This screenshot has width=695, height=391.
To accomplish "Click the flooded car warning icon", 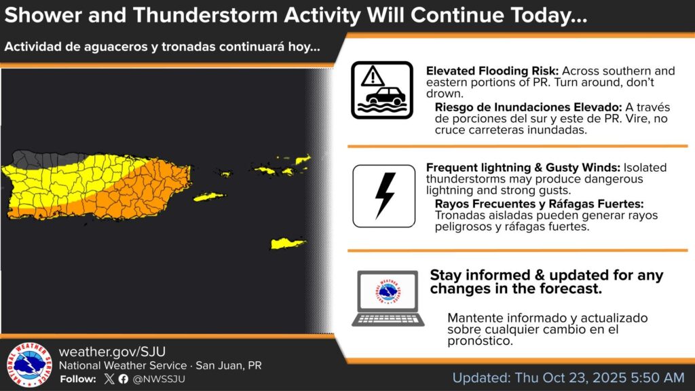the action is pos(382,90).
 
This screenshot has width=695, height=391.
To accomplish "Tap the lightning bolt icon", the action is pos(385,195).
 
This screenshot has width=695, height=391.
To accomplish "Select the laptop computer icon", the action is pos(388,299).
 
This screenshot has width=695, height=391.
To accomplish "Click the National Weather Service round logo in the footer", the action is pos(29,365).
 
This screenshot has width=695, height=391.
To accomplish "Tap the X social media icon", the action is pos(109,379).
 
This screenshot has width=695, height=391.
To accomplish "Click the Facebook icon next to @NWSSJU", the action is pos(124,379).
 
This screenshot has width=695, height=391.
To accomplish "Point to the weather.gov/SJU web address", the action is pos(112,352).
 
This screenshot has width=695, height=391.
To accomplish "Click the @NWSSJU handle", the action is pos(159,379).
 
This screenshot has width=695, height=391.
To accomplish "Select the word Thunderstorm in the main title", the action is pos(206,15).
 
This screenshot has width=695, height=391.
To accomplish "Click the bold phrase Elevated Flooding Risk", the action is pos(492,71).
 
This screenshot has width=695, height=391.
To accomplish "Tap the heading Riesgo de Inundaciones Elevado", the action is pos(528,107).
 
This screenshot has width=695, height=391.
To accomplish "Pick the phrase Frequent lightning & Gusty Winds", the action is pos(523,168).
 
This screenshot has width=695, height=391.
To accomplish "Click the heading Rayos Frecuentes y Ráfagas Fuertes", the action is pos(539,204).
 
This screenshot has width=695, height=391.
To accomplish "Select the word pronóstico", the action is pos(480,341).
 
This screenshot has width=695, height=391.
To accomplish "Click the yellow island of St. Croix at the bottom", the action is pos(287,244).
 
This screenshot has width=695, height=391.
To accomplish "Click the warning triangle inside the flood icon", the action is pos(373,77).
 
